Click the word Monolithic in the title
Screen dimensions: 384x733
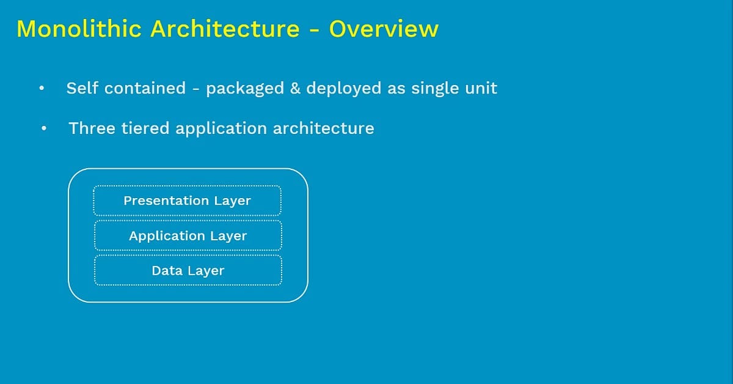pos(79,29)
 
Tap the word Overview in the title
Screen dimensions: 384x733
pos(384,29)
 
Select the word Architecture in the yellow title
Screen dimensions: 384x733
pos(225,29)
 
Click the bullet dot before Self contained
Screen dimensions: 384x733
pos(42,89)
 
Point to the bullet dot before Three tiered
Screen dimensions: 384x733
pos(44,129)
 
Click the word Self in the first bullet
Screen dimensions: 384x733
pos(82,88)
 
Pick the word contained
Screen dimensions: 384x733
pos(145,88)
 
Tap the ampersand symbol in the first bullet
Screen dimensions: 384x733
pos(295,88)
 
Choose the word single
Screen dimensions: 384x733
pos(435,89)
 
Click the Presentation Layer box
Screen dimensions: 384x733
pos(187,201)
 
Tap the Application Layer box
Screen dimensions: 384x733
pos(188,235)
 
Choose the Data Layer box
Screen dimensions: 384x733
pos(188,270)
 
